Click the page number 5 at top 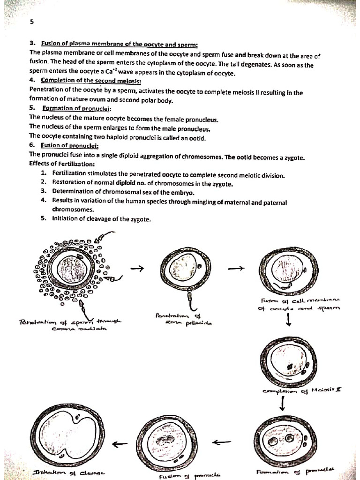[31, 22]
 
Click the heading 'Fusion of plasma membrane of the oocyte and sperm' [120, 45]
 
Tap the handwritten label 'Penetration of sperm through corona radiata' [70, 324]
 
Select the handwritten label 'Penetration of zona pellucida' [183, 320]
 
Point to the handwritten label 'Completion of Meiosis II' [302, 390]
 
